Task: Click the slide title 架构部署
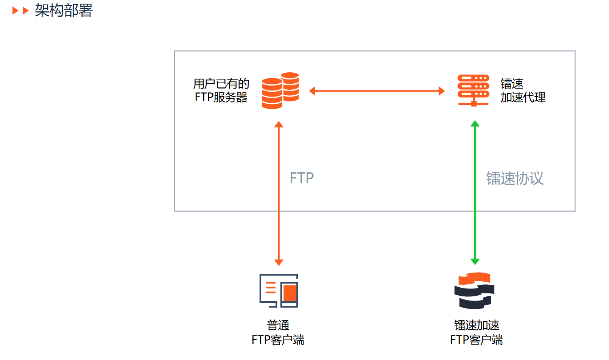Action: (64, 10)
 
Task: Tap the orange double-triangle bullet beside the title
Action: (20, 11)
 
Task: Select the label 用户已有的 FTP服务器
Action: (221, 90)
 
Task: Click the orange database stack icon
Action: (280, 91)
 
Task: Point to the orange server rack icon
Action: (473, 90)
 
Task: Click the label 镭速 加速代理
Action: (523, 90)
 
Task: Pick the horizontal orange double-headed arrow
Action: (377, 91)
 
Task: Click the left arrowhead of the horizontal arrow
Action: (312, 91)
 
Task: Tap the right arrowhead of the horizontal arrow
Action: (441, 91)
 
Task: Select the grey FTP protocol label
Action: (302, 178)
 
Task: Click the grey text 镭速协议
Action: (515, 178)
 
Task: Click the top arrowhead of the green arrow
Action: (475, 123)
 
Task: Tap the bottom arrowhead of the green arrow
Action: (475, 262)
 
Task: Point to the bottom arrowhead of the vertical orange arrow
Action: (279, 262)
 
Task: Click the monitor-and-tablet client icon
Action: (279, 291)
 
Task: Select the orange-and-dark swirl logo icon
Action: (475, 291)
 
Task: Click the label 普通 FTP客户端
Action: (278, 332)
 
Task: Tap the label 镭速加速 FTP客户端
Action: (477, 332)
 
